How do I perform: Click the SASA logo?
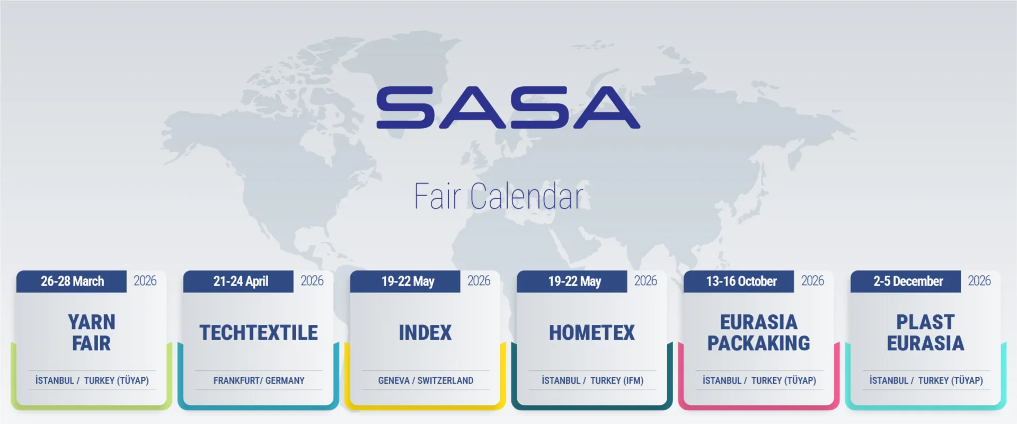coord(508,108)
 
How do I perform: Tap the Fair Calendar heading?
coord(498,197)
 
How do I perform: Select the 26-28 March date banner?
coord(72,281)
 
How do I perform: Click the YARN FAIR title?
coord(92,333)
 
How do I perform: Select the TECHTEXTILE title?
coord(259,333)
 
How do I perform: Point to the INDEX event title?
coord(425,333)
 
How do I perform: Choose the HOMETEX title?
coord(592,333)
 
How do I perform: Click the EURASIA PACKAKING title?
coord(759,333)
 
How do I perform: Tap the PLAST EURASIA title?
coord(926,333)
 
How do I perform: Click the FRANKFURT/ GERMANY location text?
coord(259,381)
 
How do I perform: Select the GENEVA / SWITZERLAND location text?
coord(426,381)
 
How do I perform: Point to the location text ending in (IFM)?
coord(592,381)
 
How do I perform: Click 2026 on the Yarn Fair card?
coord(145,281)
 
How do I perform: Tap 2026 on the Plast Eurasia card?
coord(979,281)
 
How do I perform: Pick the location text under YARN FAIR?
coord(92,381)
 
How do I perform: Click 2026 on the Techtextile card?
coord(312,281)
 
